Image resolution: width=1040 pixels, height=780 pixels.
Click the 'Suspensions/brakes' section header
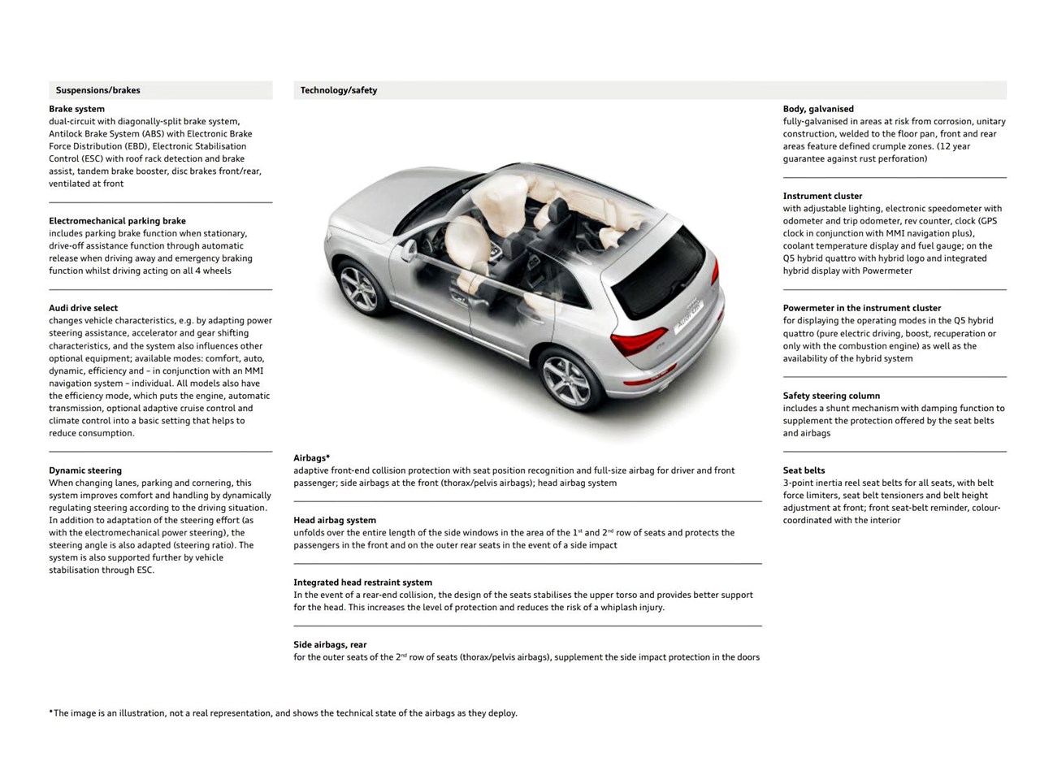(x=97, y=90)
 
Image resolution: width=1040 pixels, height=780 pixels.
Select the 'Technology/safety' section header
(x=339, y=90)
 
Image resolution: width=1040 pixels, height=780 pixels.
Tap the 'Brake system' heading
(x=76, y=109)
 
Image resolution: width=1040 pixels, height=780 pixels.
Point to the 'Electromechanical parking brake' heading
(x=117, y=221)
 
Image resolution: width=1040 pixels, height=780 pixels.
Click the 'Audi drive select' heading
(x=83, y=308)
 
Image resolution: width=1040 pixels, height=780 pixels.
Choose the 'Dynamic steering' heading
(x=85, y=470)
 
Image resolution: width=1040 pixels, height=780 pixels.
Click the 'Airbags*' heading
(x=312, y=458)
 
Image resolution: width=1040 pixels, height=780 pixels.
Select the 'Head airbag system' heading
(x=335, y=520)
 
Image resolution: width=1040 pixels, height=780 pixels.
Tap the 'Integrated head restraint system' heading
(x=362, y=583)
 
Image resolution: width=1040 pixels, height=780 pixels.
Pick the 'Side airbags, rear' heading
(x=330, y=644)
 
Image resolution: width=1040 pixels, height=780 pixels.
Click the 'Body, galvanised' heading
(x=818, y=109)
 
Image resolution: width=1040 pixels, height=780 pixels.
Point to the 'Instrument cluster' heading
(x=822, y=196)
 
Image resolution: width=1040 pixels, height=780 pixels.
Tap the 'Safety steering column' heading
(x=831, y=396)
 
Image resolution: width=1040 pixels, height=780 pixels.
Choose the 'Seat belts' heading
(x=804, y=470)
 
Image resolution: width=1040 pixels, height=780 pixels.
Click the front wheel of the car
(x=359, y=288)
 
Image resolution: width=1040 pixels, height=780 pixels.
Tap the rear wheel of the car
(x=566, y=378)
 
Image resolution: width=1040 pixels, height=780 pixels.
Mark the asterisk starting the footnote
(x=51, y=713)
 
